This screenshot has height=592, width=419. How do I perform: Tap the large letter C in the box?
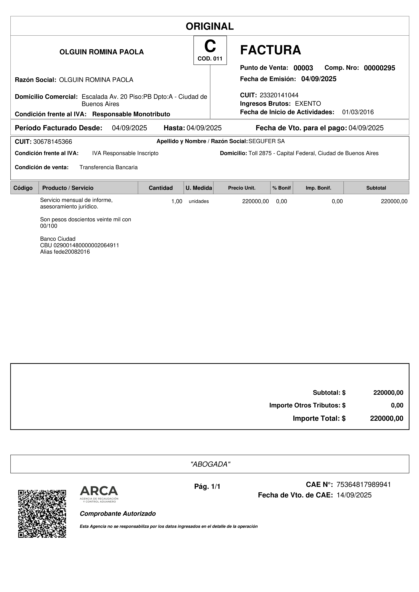pos(210,46)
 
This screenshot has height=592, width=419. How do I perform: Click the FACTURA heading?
pos(270,50)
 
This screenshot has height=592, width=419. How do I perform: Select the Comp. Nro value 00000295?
pos(379,68)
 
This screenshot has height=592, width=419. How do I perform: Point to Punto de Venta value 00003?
pos(303,68)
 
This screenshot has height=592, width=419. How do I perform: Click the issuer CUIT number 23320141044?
pos(279,95)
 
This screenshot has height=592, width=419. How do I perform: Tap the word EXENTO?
pos(308,104)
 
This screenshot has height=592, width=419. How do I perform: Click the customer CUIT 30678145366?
pos(53,142)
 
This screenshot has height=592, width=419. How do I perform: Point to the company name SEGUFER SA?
pos(266,141)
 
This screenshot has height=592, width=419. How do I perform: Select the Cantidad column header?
pos(161,188)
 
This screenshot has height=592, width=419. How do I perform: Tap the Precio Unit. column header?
pos(242,188)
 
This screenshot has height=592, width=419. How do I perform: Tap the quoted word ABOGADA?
pos(210,464)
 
